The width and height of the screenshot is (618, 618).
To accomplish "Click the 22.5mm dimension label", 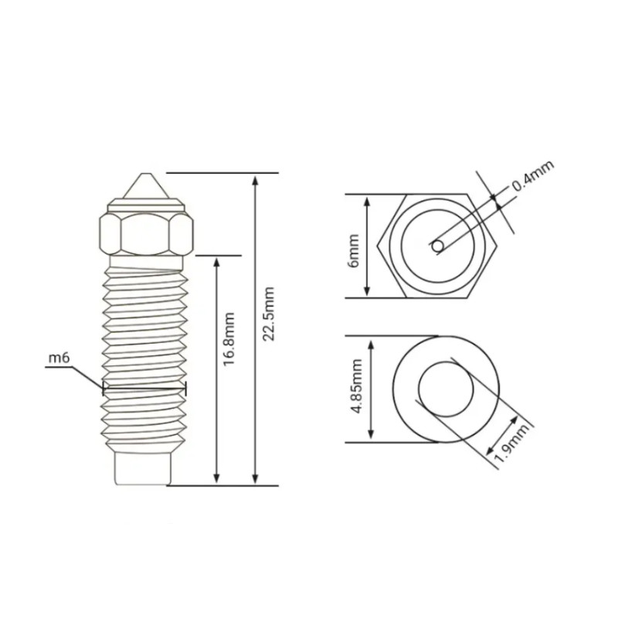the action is tap(269, 314).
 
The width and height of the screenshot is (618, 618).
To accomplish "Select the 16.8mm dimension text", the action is tap(229, 339).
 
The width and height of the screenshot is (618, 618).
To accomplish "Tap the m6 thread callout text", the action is tap(59, 358).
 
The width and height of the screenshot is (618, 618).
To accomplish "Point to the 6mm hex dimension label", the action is tap(354, 250).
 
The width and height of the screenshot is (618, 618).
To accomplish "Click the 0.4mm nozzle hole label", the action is tap(533, 175).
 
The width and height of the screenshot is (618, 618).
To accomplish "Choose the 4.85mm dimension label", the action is tap(356, 385).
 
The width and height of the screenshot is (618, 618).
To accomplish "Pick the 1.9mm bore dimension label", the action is tap(511, 443).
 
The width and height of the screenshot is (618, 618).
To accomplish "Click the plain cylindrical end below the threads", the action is tap(143, 469).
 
